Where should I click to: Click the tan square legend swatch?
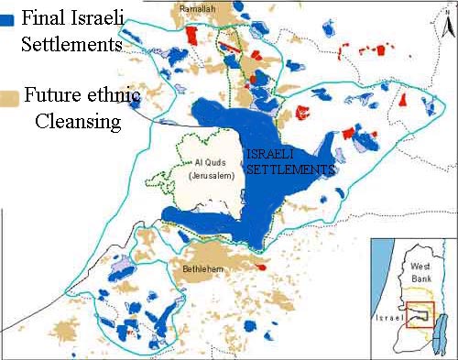(10, 96)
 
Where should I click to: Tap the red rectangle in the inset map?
(420, 313)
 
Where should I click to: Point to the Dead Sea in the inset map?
(436, 322)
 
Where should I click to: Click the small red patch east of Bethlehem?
(261, 267)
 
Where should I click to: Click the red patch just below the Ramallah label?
(192, 35)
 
